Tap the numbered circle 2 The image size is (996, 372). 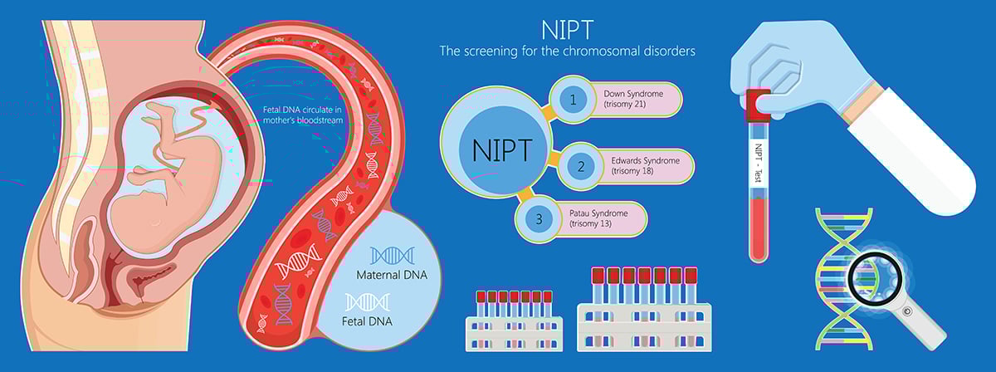point(580,166)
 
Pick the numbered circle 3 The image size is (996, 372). point(539,220)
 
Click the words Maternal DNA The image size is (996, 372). point(392,275)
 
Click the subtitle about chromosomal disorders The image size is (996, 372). point(567,51)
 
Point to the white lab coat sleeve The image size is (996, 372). point(905,149)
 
